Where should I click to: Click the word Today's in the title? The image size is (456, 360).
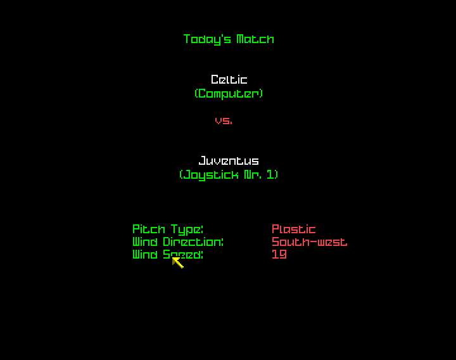pos(207,39)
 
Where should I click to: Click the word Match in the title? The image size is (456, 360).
pos(255,39)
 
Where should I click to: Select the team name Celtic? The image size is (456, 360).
pos(229,79)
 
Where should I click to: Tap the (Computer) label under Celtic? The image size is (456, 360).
pos(229,94)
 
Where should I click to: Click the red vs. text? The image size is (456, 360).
pos(224,120)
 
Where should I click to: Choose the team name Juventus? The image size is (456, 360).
pos(229,160)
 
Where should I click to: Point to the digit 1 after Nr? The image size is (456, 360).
pos(270,174)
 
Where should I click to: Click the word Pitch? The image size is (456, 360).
pos(149,229)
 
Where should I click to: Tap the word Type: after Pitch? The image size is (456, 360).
pos(187,229)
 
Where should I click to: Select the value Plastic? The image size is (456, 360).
pos(293,229)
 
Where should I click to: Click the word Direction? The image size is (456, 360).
pos(193,241)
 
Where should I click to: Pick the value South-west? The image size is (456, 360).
pos(310,241)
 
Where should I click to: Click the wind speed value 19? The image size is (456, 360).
pos(279,254)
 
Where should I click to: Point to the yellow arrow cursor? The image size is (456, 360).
pos(178,263)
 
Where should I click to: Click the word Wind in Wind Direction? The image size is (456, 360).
pos(145,241)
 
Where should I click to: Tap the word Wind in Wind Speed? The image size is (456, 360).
pos(145,254)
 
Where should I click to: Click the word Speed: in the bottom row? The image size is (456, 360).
pos(183,255)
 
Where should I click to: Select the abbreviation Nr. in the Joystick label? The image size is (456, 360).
pos(253,174)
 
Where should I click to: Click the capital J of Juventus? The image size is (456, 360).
pos(203,160)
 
